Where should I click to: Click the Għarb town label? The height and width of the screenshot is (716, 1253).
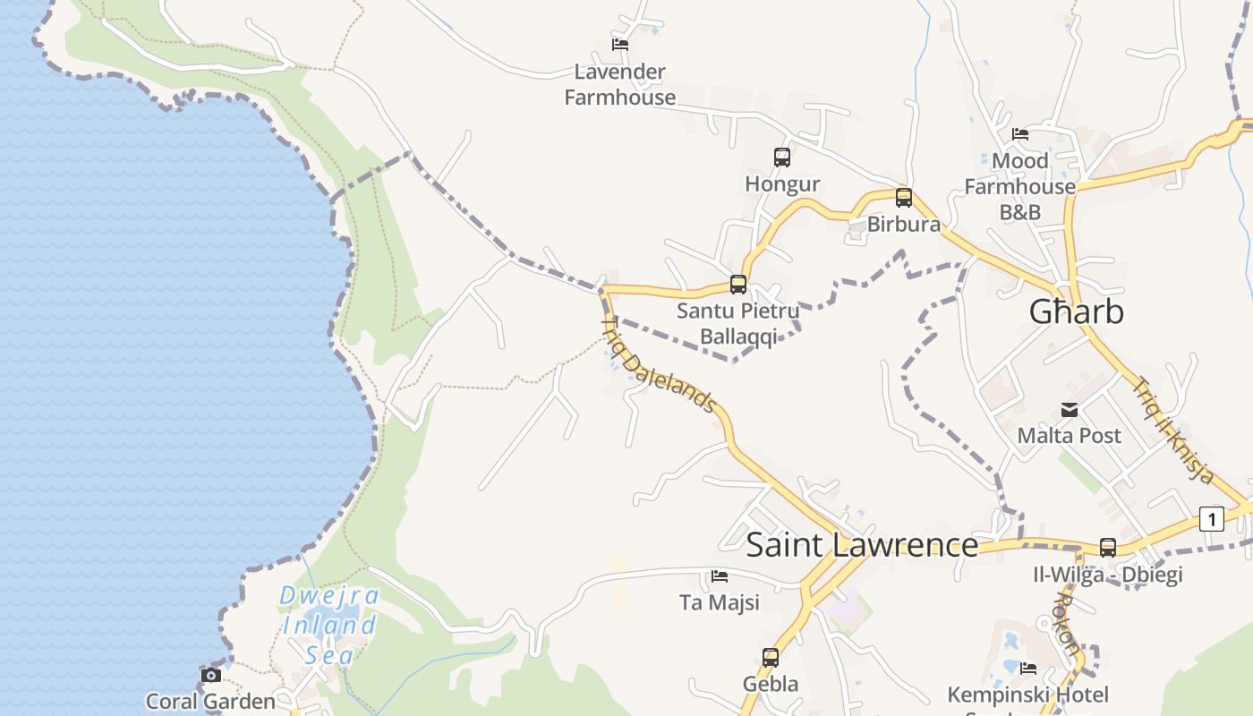coord(1076,311)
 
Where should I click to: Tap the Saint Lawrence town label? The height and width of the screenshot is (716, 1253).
coord(862,544)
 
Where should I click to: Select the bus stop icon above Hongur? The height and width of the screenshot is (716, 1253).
coord(782,158)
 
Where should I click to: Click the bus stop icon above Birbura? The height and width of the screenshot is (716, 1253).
coord(904,197)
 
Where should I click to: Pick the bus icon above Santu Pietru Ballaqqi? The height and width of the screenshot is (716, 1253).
coord(738,285)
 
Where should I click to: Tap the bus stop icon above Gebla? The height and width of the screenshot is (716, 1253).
coord(771,658)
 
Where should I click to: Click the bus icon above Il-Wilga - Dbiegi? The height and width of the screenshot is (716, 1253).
coord(1108,548)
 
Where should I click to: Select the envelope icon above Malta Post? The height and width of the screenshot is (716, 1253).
coord(1070,410)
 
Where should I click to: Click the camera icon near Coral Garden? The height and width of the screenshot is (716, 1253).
coord(211,675)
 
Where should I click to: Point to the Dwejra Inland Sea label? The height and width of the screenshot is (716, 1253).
coord(329,625)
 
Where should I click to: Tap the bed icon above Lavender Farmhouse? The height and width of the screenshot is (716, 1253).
coord(620,44)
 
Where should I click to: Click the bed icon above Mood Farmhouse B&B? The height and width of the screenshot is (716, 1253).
coord(1020,134)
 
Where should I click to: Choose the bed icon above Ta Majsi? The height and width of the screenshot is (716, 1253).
coord(720,576)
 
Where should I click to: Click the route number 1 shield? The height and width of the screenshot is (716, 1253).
coord(1211,519)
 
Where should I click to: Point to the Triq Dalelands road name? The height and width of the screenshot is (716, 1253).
coord(659,365)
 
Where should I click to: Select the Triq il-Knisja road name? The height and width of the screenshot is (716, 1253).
coord(1173,430)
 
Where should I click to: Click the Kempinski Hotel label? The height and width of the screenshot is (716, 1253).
coord(1027,695)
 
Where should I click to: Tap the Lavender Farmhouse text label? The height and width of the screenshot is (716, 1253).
coord(619,84)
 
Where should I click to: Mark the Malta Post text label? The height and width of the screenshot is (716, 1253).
coord(1069,436)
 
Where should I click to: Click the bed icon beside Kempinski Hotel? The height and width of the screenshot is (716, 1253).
coord(1028,668)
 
